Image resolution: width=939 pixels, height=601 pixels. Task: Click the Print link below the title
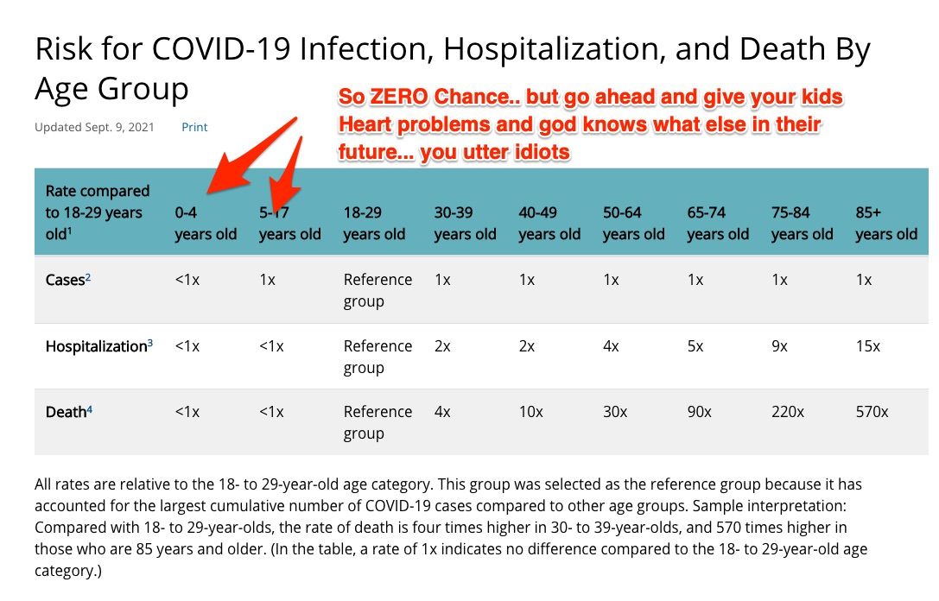click(194, 127)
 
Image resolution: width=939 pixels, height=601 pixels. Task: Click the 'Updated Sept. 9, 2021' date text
click(94, 127)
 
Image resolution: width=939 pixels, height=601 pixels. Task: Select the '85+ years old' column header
click(885, 223)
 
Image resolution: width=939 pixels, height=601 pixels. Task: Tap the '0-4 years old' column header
click(205, 223)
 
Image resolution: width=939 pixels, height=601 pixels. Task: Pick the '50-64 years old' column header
click(633, 223)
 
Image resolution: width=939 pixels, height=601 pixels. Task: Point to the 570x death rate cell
click(872, 412)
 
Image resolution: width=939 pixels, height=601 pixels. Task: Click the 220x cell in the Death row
click(787, 412)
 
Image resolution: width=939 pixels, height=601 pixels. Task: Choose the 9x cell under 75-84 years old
click(779, 346)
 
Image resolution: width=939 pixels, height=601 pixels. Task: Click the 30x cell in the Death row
click(615, 412)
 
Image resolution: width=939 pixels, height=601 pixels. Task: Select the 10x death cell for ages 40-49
click(530, 412)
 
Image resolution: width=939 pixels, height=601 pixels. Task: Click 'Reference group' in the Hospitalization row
click(378, 357)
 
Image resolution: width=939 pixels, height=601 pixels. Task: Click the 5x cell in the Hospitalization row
click(695, 346)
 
